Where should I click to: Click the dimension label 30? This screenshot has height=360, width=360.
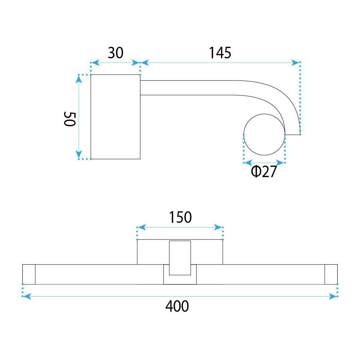point(116,53)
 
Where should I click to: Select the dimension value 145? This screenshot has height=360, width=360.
point(220,53)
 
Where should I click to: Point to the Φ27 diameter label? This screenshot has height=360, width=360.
point(264,172)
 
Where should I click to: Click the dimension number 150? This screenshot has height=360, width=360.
point(180,217)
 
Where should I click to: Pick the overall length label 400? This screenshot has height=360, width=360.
point(177,306)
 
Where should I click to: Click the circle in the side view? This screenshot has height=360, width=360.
point(264,134)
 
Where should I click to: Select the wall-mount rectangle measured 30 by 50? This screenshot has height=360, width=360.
point(115,117)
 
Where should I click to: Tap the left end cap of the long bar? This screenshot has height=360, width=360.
point(29,274)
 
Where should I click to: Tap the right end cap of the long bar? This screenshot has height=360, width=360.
point(331,274)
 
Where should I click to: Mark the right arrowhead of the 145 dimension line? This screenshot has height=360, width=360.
point(296,63)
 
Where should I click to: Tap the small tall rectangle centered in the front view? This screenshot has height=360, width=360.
point(180,258)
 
